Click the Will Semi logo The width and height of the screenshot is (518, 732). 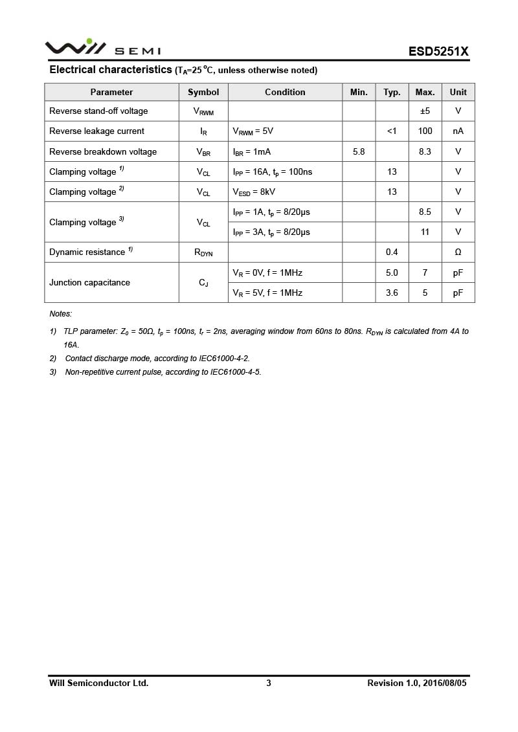(x=102, y=48)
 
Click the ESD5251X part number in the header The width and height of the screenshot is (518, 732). (x=438, y=51)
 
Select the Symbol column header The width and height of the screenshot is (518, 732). (x=203, y=92)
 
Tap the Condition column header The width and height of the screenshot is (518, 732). (x=285, y=92)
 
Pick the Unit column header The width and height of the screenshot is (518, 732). (x=458, y=92)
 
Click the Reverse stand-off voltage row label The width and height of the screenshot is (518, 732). (x=98, y=111)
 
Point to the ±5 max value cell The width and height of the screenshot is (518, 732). (x=425, y=111)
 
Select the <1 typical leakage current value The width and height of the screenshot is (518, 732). (x=392, y=131)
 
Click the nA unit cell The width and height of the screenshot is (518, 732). (x=458, y=131)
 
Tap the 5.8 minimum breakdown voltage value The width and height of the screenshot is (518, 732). (x=359, y=151)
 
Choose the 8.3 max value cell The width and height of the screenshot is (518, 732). (x=425, y=151)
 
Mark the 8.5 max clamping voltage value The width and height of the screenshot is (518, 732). (x=425, y=212)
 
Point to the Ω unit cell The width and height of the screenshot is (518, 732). (x=458, y=252)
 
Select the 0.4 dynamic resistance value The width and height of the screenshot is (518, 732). (x=392, y=252)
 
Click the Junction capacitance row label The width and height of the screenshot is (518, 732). (x=89, y=282)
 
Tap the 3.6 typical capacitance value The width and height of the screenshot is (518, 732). (x=392, y=293)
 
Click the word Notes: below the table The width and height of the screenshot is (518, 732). (x=61, y=314)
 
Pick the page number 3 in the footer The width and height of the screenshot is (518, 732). (x=269, y=683)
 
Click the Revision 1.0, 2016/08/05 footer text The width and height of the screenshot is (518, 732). (x=416, y=683)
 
